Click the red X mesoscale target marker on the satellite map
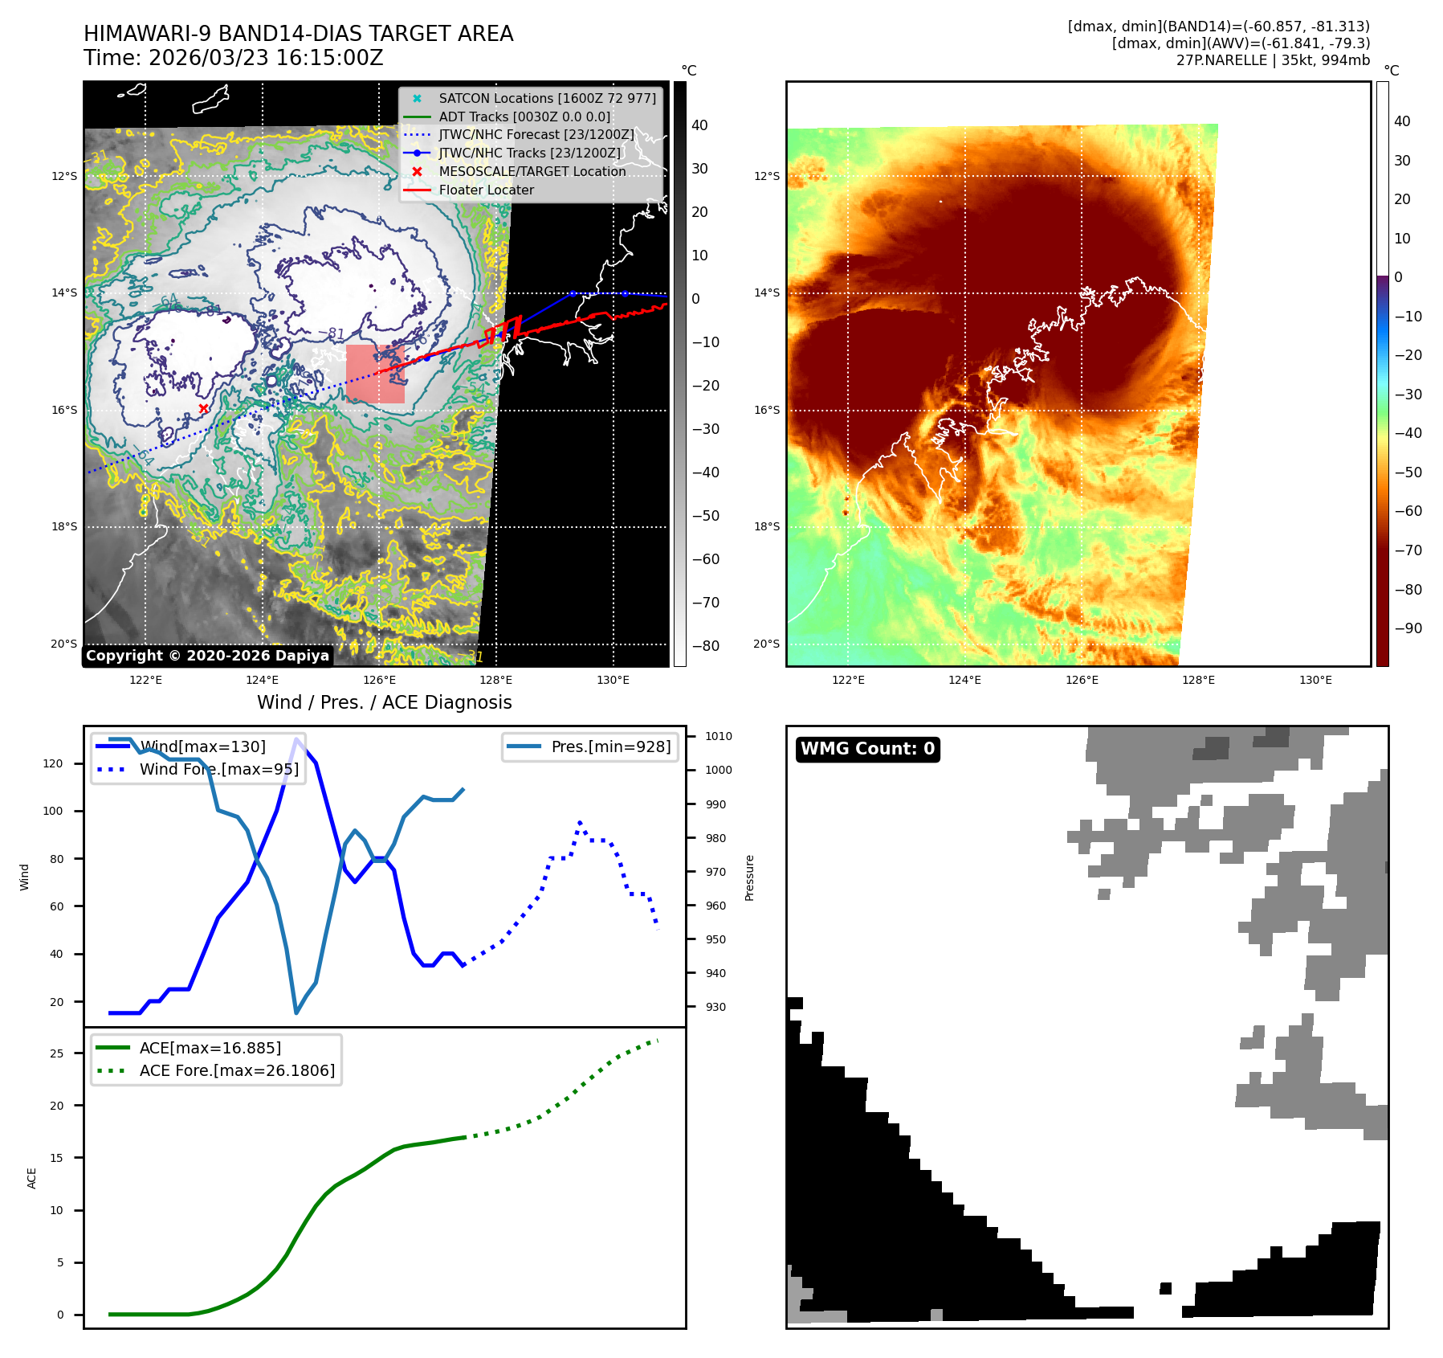coord(203,408)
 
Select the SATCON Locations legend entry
coord(546,98)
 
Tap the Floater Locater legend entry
coord(486,190)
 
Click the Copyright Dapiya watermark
coord(207,656)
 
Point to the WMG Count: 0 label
coord(867,749)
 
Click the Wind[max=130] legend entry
coord(202,746)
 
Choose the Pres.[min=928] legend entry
coord(610,746)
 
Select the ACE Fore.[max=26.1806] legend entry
coord(237,1070)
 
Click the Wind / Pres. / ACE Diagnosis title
coord(384,702)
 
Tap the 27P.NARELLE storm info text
coord(1273,60)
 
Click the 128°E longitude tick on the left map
coord(495,680)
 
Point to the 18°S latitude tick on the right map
coord(766,527)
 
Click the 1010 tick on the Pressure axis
coord(718,736)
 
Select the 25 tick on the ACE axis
coord(57,1053)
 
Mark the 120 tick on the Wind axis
coord(53,763)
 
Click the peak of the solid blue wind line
coord(297,739)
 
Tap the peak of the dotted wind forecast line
coord(580,823)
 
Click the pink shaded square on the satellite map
coord(375,374)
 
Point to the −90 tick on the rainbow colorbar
coord(1408,628)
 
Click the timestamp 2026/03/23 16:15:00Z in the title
coord(266,58)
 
